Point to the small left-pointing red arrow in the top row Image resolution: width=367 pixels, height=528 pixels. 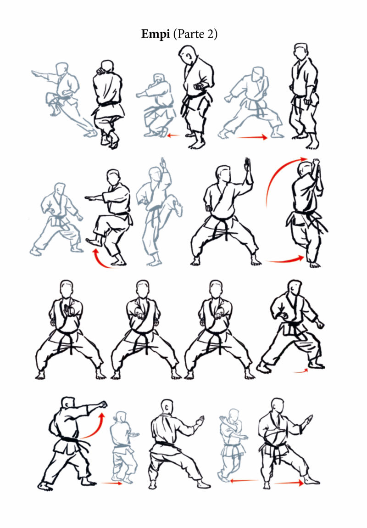point(173,135)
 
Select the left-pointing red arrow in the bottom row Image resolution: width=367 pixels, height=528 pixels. point(244,481)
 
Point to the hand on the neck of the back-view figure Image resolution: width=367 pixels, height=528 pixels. point(100,71)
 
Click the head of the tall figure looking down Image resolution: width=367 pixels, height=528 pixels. point(187,55)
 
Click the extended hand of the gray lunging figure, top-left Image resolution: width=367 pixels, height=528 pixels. point(36,73)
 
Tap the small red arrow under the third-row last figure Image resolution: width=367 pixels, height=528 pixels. point(300,371)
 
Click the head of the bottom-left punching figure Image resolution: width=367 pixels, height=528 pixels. point(68,403)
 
